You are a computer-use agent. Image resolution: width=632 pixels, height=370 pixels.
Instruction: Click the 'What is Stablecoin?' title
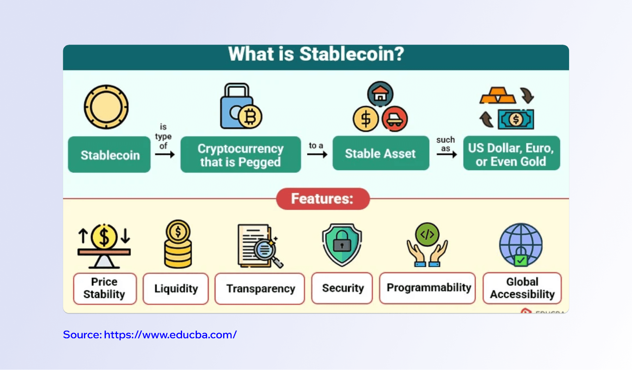(316, 54)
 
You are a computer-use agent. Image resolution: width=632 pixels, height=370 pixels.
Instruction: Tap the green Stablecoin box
(109, 155)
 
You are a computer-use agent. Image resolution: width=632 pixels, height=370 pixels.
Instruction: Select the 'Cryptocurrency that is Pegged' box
(240, 155)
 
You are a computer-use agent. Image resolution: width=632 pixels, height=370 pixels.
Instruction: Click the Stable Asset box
(380, 154)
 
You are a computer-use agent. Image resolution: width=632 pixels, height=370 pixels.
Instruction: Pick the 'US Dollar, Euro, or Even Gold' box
(511, 154)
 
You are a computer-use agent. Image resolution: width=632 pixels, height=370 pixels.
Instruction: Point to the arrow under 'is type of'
(165, 155)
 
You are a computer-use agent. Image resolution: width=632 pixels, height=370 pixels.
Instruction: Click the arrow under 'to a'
(317, 154)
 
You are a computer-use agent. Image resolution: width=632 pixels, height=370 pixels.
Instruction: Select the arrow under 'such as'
(446, 154)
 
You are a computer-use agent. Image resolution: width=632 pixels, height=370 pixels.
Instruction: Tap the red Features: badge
(322, 199)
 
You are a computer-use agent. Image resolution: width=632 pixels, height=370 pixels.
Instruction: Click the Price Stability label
(105, 288)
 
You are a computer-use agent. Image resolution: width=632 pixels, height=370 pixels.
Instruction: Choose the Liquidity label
(176, 288)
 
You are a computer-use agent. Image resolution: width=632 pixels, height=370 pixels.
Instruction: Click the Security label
(342, 288)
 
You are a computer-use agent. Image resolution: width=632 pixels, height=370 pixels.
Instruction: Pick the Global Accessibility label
(522, 288)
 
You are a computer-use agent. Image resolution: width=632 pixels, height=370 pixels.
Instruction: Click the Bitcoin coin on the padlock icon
(250, 117)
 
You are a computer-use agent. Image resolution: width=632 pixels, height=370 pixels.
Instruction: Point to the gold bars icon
(498, 95)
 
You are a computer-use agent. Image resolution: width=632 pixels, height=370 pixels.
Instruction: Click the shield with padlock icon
(342, 244)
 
